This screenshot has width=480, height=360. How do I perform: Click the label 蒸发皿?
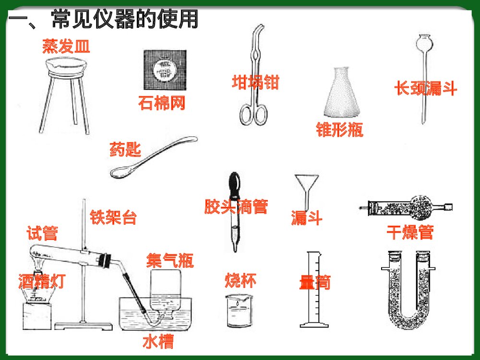tap(66, 47)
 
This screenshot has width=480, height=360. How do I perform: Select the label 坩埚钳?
tap(255, 82)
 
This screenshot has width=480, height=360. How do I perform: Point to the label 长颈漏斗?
tap(425, 88)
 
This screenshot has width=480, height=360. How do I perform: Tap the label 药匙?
tap(125, 150)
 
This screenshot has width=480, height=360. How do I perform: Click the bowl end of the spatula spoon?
tap(120, 172)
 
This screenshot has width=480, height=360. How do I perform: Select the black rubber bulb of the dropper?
tap(235, 183)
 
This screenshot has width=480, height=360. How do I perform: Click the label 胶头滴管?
tap(236, 207)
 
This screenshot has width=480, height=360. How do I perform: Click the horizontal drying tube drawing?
tap(408, 207)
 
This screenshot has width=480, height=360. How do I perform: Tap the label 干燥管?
tap(410, 232)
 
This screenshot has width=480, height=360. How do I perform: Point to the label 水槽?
tap(158, 342)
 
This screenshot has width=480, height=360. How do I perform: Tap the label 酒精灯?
tap(41, 281)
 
